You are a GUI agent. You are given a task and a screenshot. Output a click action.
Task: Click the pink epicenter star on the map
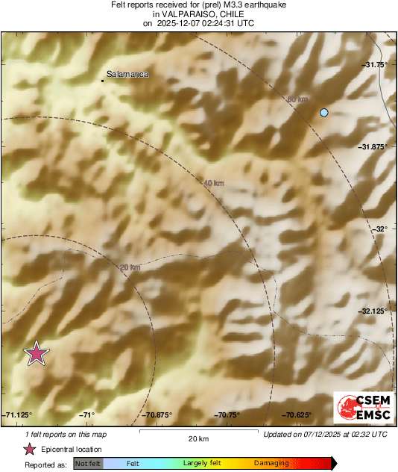pos(36,353)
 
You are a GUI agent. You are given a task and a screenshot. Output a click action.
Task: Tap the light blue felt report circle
pos(324,113)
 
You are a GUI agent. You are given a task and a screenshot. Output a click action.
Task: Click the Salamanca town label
pos(128,75)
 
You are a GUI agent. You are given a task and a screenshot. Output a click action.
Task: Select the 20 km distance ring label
pos(130,267)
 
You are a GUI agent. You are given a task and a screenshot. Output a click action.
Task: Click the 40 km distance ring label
pos(213,182)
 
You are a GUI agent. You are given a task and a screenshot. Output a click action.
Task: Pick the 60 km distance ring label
pos(297,99)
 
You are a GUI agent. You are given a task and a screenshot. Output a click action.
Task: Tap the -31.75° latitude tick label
pos(375,65)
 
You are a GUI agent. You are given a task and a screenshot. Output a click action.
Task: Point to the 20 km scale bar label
pos(198,438)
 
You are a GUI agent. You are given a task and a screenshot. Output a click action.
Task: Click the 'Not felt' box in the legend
pos(88,463)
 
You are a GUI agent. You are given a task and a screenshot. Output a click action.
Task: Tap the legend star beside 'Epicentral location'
pos(29,449)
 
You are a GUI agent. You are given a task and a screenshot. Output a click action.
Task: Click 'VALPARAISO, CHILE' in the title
pos(198,13)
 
